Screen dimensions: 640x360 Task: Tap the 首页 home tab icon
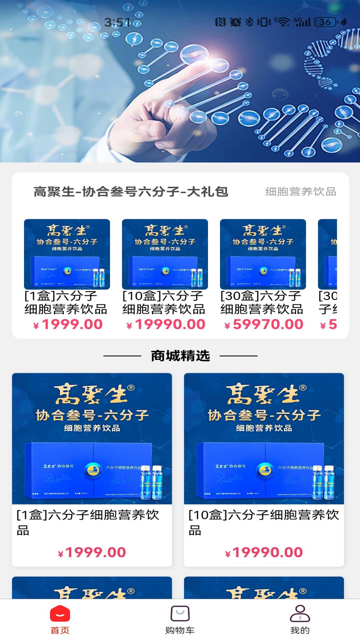coord(60,614)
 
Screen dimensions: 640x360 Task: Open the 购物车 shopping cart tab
coord(180,614)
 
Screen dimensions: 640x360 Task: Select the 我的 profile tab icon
coord(300,614)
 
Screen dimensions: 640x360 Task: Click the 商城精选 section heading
coord(180,356)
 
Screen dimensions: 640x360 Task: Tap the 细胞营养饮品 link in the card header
coord(300,192)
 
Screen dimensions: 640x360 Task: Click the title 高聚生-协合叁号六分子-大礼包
coord(131,192)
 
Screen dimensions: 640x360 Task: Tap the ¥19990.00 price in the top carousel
coord(166,324)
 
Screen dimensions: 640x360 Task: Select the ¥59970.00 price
coord(264,324)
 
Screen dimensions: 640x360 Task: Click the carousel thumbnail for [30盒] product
coord(263,254)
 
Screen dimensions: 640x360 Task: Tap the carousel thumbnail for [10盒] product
coord(165,254)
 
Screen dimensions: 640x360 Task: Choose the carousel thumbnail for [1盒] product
coord(67,254)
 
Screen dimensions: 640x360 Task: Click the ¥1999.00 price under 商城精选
coord(92,552)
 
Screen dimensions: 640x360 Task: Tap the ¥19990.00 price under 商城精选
coord(264,552)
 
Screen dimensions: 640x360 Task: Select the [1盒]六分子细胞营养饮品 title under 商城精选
coord(88,522)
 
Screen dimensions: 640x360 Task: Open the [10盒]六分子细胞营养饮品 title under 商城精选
coord(264,522)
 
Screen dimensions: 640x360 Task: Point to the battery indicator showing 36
coord(326,22)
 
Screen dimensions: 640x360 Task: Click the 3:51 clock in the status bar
coord(117,22)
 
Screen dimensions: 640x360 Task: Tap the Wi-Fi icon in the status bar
coord(283,22)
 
